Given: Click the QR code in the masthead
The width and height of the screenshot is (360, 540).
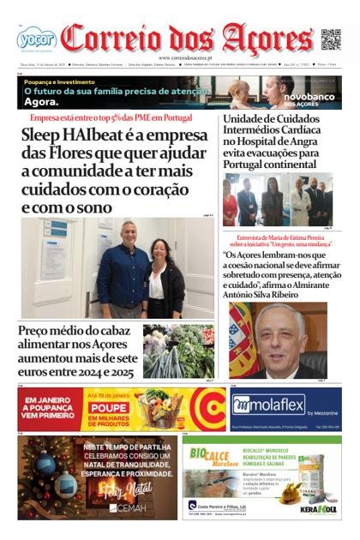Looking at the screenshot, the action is (x=331, y=39).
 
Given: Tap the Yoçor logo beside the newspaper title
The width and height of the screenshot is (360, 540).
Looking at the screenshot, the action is (x=36, y=39).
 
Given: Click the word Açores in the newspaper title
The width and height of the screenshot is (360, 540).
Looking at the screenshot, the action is (x=267, y=39).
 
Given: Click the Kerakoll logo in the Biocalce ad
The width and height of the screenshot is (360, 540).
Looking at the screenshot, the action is (x=318, y=507).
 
